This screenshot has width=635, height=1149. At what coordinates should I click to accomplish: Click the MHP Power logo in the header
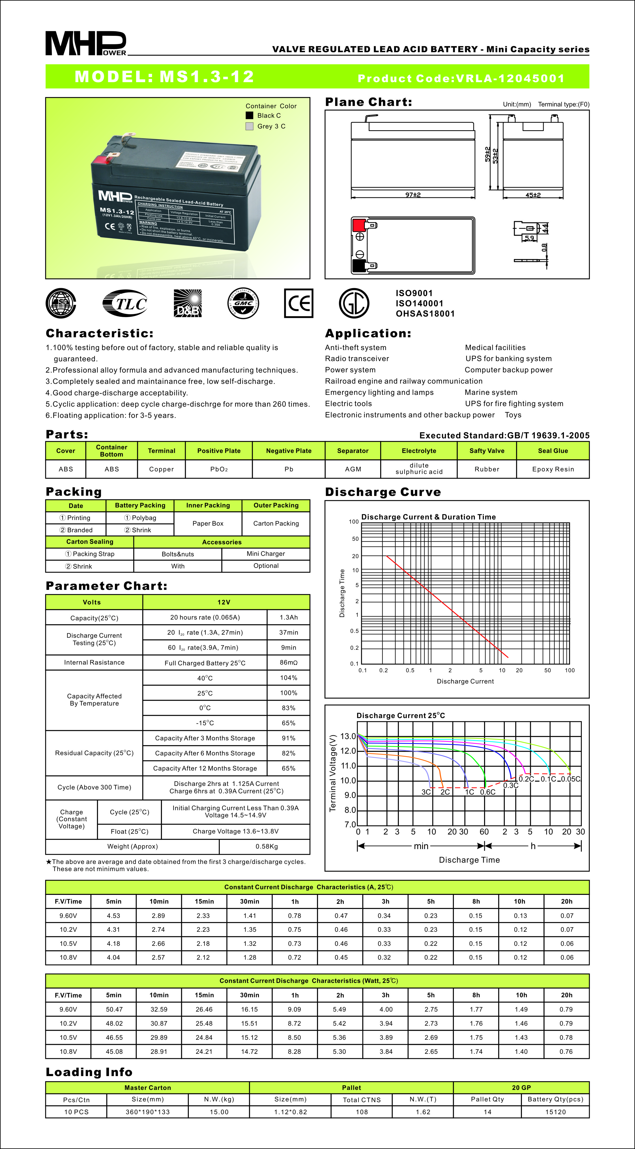(86, 43)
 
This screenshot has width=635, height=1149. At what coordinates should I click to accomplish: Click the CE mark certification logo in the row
(298, 303)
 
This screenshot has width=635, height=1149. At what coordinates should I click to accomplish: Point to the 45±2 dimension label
(533, 195)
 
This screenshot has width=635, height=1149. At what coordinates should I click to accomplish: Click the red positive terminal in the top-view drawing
(358, 225)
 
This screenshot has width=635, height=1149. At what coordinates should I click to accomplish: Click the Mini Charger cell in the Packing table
(266, 554)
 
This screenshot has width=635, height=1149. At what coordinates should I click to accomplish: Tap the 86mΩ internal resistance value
(289, 662)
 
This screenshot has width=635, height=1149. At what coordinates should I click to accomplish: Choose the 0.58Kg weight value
(266, 846)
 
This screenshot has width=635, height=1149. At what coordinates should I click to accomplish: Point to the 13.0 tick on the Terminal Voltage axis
(348, 736)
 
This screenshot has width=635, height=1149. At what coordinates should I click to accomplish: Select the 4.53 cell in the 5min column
(114, 916)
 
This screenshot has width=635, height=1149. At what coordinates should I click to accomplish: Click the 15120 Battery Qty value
(555, 1112)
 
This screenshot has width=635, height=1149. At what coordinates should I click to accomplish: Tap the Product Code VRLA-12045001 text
(461, 79)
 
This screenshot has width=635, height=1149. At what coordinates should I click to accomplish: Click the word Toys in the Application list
(513, 415)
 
